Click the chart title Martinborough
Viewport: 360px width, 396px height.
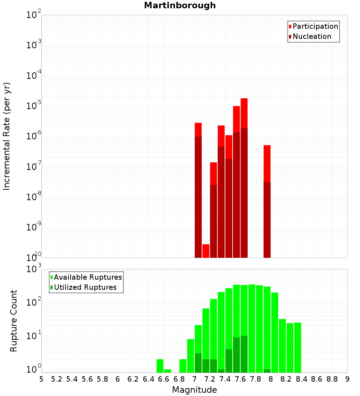(180, 6)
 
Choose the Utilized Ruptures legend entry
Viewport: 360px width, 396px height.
(85, 288)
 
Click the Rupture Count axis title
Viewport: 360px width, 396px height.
(14, 321)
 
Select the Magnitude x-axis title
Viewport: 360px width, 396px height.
(194, 390)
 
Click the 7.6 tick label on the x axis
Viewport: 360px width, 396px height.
(240, 379)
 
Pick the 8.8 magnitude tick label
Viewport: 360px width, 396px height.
(332, 379)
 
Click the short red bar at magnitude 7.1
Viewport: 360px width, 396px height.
(206, 251)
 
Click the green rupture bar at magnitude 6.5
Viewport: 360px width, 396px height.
(160, 366)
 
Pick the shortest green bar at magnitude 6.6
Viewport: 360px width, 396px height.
(167, 371)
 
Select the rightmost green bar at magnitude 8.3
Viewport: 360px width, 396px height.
(298, 347)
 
